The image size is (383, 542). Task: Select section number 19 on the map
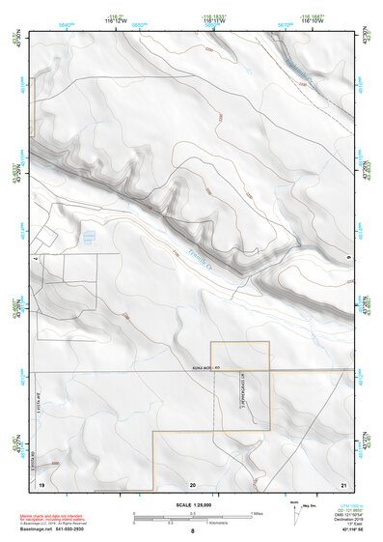[41, 483]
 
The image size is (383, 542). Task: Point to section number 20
[193, 483]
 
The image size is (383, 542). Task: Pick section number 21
[342, 483]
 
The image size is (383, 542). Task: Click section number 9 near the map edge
[347, 257]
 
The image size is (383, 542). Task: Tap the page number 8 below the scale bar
[192, 530]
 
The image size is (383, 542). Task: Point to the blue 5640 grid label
[66, 23]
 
